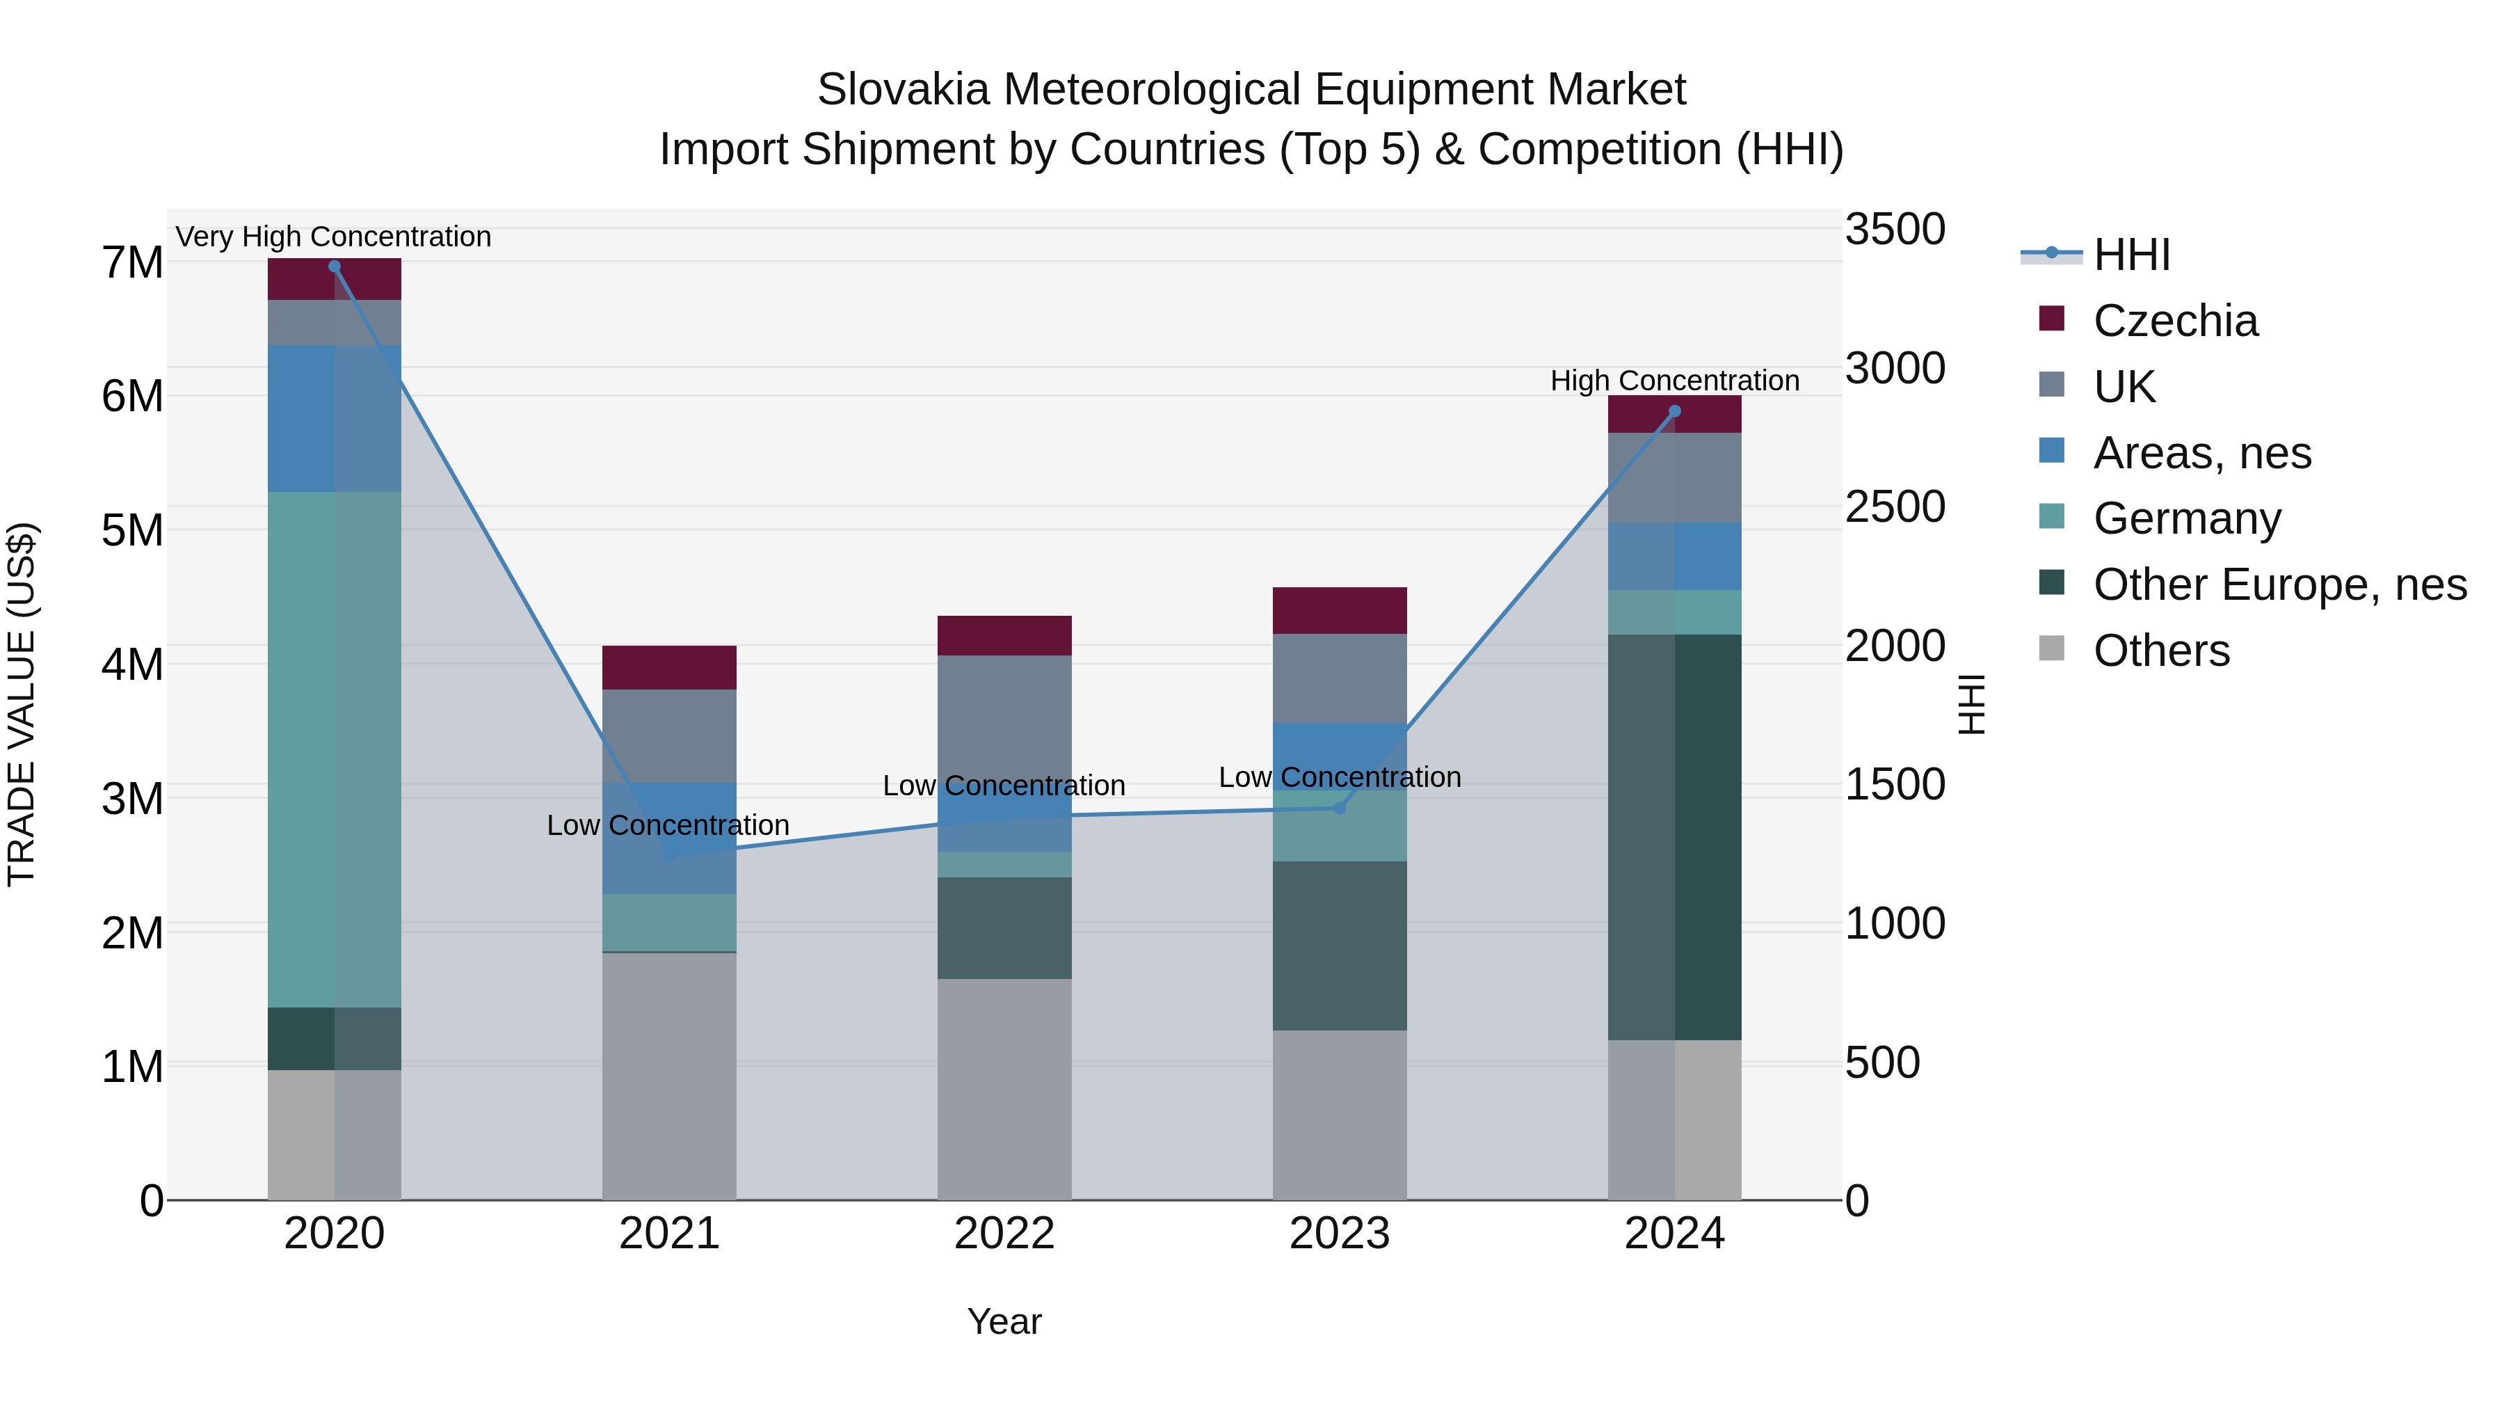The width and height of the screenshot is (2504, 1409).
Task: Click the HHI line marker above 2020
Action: (x=335, y=266)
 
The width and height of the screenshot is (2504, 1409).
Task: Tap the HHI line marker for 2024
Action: (x=1674, y=411)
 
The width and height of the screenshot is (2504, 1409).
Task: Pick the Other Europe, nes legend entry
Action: (x=2279, y=584)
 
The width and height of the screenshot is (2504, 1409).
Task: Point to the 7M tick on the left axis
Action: (x=132, y=262)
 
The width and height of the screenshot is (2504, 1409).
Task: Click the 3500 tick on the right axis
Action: (x=1895, y=230)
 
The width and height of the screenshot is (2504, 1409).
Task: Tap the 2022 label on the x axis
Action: (x=1004, y=1234)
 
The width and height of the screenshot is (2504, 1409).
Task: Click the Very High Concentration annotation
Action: (x=333, y=237)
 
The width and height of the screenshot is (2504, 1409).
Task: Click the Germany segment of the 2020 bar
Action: (x=335, y=749)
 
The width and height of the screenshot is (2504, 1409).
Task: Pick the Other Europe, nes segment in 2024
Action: (x=1674, y=836)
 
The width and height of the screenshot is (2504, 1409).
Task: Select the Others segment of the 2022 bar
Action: (x=1004, y=1089)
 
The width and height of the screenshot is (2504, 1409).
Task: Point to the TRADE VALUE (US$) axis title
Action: (x=22, y=704)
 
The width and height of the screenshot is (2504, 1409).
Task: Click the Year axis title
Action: (x=1004, y=1321)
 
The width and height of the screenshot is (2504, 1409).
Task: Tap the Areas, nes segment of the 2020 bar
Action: (x=335, y=418)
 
